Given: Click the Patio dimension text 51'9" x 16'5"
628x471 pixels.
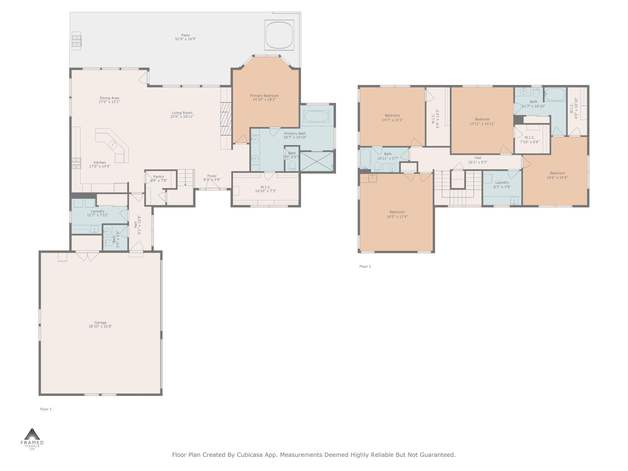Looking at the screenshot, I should (185, 39).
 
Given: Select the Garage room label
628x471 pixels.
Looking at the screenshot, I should (100, 323).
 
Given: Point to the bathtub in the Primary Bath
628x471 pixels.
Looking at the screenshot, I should (316, 116).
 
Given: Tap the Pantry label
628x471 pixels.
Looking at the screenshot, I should (158, 177).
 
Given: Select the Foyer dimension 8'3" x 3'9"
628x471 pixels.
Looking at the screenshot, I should (212, 180).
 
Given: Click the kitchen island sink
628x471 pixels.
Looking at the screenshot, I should (113, 144).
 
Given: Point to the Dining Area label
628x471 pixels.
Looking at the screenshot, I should (109, 98).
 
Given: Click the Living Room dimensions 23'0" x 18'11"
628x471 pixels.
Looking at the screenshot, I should (182, 117).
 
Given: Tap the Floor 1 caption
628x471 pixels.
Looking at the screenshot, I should (46, 409).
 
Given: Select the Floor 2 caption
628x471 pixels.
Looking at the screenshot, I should (365, 266).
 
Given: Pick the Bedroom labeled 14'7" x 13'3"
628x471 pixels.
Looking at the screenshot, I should (392, 117).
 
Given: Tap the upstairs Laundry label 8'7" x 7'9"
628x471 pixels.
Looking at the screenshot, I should (502, 185).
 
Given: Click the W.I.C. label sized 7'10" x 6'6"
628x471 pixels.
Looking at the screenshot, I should (530, 140).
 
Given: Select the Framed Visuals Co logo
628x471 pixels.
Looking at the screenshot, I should (32, 439).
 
